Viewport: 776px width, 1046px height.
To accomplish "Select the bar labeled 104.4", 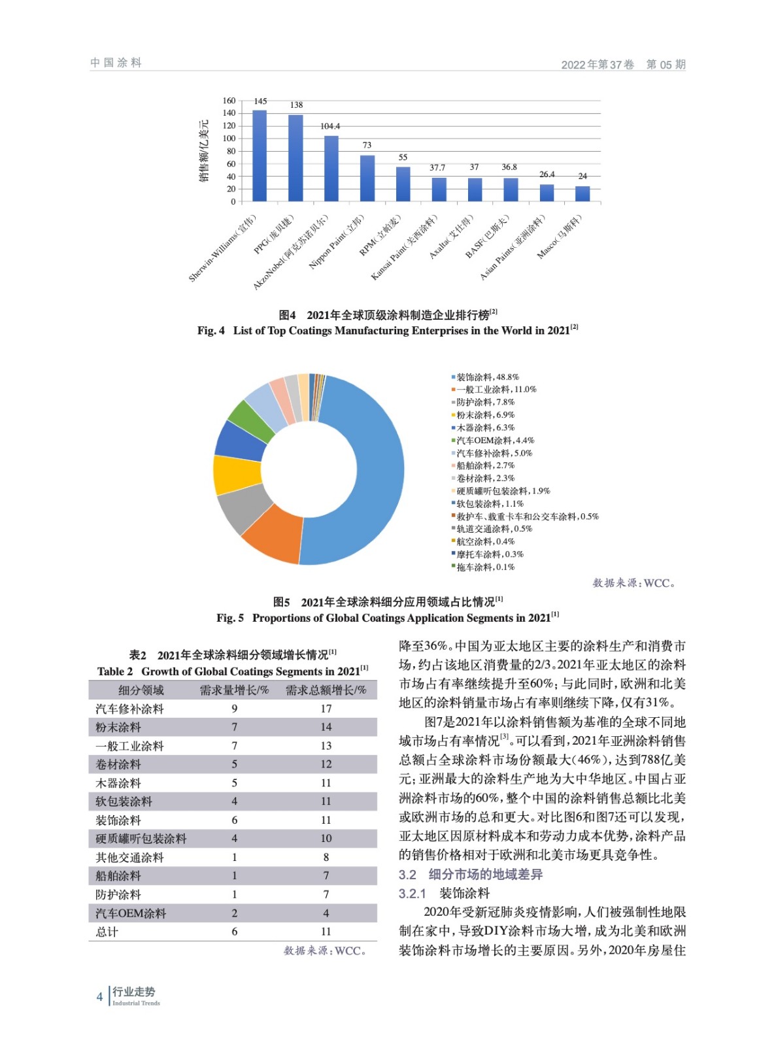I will tap(331, 168).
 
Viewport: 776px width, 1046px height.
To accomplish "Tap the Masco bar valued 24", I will tap(582, 194).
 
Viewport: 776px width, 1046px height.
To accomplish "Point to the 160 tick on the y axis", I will tap(229, 101).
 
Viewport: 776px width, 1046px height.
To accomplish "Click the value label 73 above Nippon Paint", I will tap(367, 145).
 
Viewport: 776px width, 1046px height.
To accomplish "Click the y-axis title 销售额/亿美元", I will tap(205, 150).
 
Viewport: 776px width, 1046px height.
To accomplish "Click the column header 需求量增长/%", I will tap(234, 690).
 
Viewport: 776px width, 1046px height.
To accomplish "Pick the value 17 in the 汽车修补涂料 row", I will tap(326, 709).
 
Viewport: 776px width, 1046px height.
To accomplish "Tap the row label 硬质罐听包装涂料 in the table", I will tap(141, 839).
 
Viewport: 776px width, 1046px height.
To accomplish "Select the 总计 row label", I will tap(107, 932).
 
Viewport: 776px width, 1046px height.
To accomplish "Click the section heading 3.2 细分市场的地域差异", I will tap(471, 875).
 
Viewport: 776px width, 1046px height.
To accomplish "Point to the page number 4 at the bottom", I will tap(100, 997).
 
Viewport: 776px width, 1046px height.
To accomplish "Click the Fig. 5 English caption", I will tap(388, 618).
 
